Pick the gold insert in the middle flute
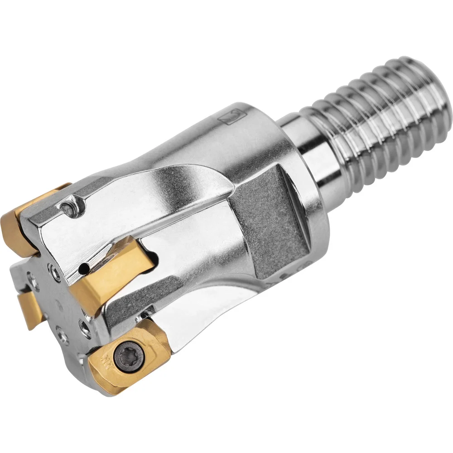pos(109,276)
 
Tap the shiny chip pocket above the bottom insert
pos(190,317)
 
